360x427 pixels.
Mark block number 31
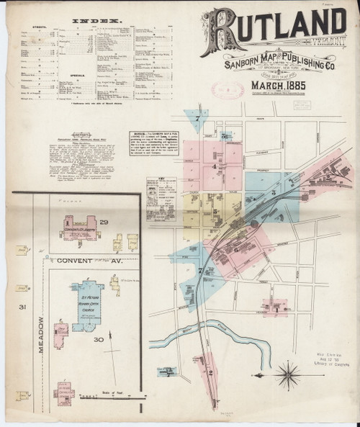pyautogui.click(x=22, y=308)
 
